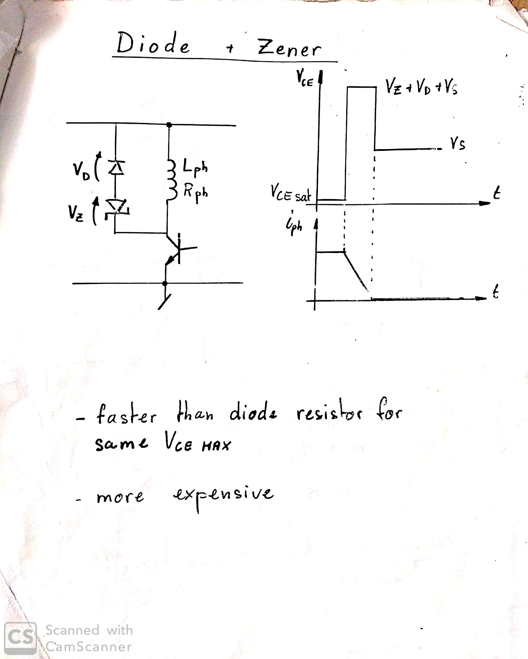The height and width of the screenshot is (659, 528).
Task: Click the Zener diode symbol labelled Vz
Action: (117, 208)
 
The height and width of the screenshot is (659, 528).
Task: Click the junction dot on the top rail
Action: (169, 125)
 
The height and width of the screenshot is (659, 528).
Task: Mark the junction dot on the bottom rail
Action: (165, 283)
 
